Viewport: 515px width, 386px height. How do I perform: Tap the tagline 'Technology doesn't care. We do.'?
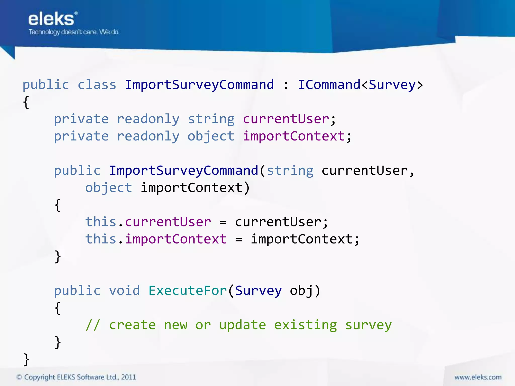pyautogui.click(x=74, y=32)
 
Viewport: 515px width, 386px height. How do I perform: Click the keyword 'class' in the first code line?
pyautogui.click(x=97, y=85)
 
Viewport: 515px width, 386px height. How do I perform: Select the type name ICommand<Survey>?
pyautogui.click(x=360, y=85)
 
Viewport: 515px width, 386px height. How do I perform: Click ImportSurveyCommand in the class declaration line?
pyautogui.click(x=199, y=85)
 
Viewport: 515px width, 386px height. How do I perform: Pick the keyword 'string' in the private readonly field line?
pyautogui.click(x=211, y=119)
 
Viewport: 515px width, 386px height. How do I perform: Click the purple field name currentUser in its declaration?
pyautogui.click(x=286, y=119)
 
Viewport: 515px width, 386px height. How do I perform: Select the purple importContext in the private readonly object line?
pyautogui.click(x=294, y=136)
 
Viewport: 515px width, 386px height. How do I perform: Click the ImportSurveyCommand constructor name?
pyautogui.click(x=184, y=171)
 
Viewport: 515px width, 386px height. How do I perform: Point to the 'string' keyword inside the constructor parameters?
pyautogui.click(x=290, y=171)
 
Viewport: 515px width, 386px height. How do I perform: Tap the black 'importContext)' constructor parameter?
pyautogui.click(x=195, y=188)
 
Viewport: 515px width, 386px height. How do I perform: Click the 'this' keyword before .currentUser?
pyautogui.click(x=101, y=222)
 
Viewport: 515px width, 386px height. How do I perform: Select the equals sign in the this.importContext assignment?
pyautogui.click(x=239, y=239)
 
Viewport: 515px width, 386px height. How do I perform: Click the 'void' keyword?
pyautogui.click(x=124, y=291)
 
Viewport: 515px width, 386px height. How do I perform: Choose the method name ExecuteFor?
pyautogui.click(x=188, y=291)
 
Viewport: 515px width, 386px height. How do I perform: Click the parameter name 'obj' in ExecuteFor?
pyautogui.click(x=301, y=291)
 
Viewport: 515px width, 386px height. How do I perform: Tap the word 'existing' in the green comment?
pyautogui.click(x=305, y=325)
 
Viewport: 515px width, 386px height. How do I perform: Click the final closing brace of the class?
pyautogui.click(x=26, y=359)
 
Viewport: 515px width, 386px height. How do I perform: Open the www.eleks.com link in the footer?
pyautogui.click(x=478, y=377)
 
